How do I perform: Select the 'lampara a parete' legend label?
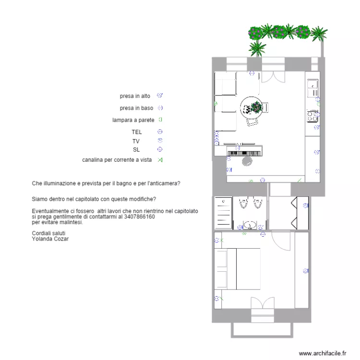(x=133, y=120)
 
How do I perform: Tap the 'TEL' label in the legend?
(x=137, y=132)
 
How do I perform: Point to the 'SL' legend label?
(x=136, y=150)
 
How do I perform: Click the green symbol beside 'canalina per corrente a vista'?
(x=160, y=160)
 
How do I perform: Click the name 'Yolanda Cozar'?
(x=50, y=239)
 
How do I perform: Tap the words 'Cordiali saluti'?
(x=48, y=233)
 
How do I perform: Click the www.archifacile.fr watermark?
(x=322, y=353)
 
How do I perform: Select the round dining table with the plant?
(x=253, y=107)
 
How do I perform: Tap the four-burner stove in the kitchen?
(x=312, y=116)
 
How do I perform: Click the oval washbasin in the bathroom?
(x=250, y=225)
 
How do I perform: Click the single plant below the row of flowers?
(x=258, y=47)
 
